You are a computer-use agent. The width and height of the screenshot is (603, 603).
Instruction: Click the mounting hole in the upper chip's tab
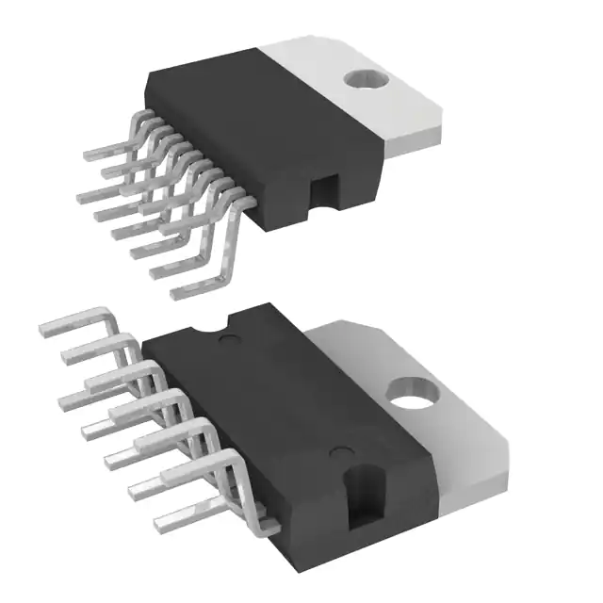tap(367, 83)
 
